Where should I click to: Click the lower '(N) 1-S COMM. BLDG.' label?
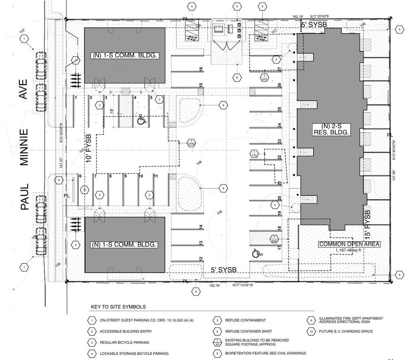coord(124,245)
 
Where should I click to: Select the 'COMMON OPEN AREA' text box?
coord(349,244)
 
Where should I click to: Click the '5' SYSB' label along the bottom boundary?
coord(223,270)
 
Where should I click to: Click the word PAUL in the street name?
coord(24,197)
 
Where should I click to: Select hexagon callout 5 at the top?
coord(237,6)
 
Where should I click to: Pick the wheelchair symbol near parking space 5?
coord(141,120)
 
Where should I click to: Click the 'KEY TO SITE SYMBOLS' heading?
coord(118,307)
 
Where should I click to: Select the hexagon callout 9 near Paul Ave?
coord(59,180)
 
